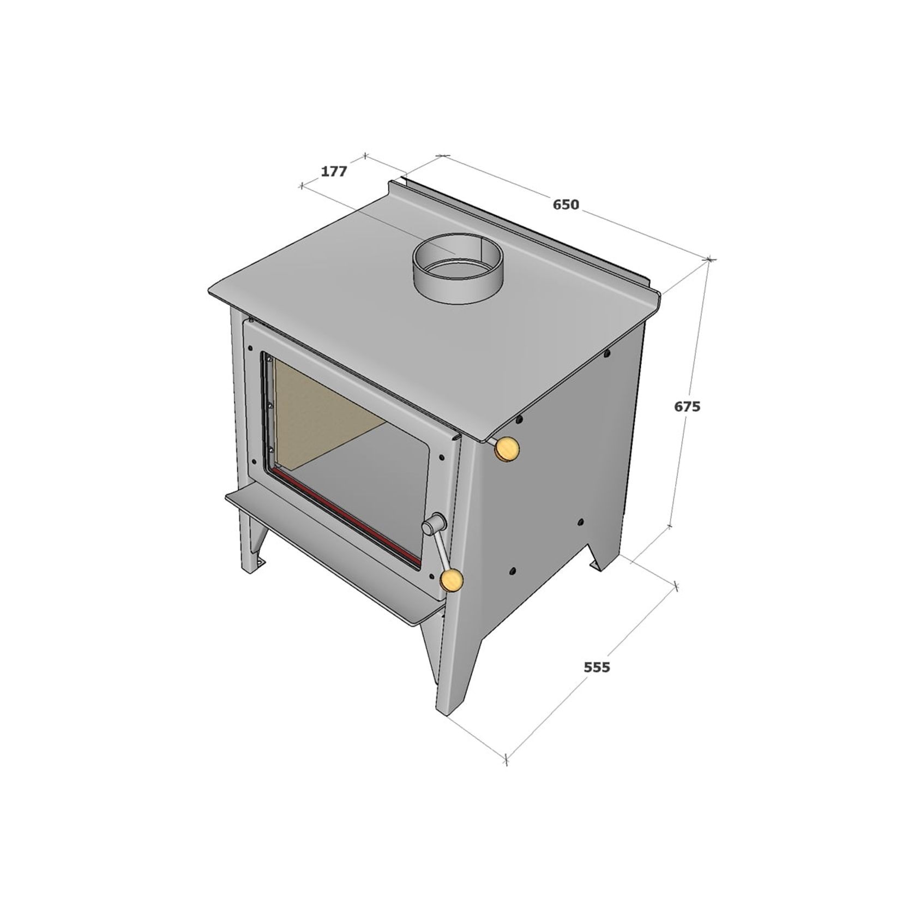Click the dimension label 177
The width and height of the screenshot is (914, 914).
333,171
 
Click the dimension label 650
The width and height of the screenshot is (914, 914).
566,205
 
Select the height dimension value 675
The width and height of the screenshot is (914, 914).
687,406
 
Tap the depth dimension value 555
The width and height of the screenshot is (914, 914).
597,666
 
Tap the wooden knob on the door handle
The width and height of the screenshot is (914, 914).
452,580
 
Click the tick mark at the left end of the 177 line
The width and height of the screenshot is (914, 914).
302,187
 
